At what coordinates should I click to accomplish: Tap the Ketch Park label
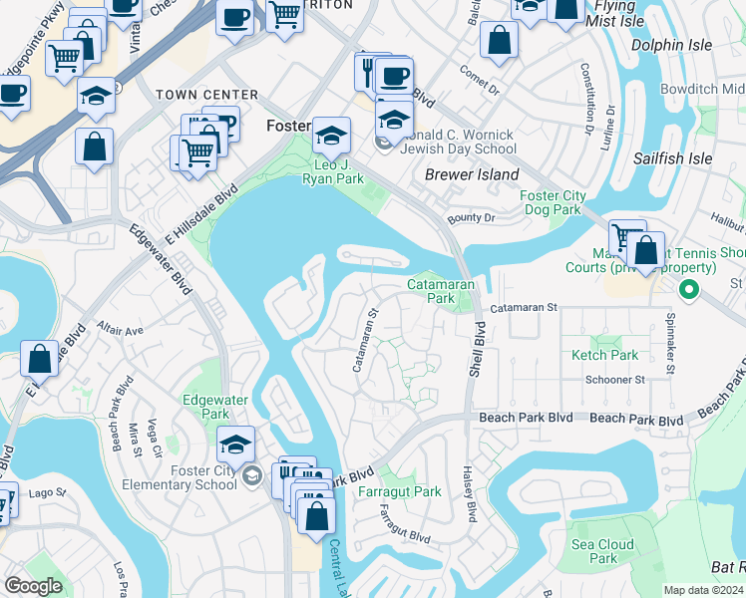click(x=604, y=355)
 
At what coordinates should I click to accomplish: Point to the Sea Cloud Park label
click(x=602, y=551)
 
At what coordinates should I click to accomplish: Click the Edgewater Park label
click(x=206, y=406)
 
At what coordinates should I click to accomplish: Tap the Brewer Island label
click(x=472, y=174)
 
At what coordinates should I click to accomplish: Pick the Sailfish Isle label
click(x=672, y=158)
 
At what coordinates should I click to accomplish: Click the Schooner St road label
click(x=615, y=380)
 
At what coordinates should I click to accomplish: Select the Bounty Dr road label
click(x=472, y=217)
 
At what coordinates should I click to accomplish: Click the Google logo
click(x=33, y=586)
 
